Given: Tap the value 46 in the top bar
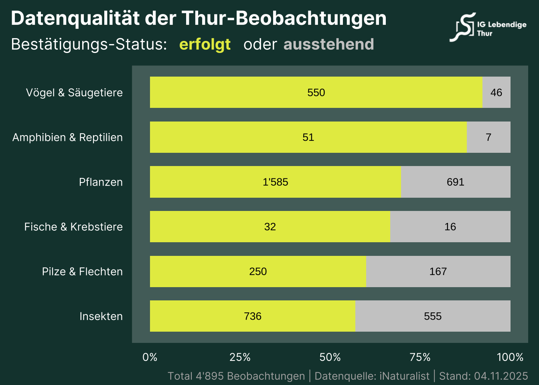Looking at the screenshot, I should (x=496, y=93).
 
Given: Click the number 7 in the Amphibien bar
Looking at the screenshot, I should (x=488, y=138).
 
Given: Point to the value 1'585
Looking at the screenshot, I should (x=276, y=182).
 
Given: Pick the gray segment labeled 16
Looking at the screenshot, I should (x=450, y=227).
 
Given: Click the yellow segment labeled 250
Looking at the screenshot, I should (x=258, y=272).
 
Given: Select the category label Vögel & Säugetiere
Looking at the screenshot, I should (x=74, y=93).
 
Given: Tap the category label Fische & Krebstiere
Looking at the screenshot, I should (x=73, y=227).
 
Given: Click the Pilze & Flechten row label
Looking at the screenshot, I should (x=82, y=272).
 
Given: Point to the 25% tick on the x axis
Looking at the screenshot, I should (x=240, y=357).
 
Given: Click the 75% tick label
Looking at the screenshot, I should (x=420, y=357).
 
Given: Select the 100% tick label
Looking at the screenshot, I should (x=510, y=357).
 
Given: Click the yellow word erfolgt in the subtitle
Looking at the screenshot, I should (x=205, y=44).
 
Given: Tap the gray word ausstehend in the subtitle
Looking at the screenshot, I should (x=328, y=44).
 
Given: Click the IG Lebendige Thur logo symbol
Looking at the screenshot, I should (x=463, y=27).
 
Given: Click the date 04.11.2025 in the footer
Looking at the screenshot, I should (x=501, y=376).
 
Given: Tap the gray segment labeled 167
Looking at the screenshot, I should (x=438, y=272).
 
